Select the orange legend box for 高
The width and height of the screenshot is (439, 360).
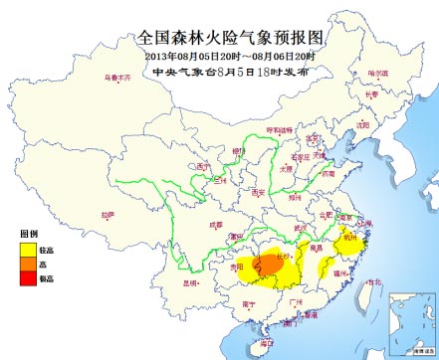[x=27, y=266]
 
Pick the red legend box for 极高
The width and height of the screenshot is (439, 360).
[x=27, y=279]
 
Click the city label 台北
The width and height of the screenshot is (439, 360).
[x=372, y=281]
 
